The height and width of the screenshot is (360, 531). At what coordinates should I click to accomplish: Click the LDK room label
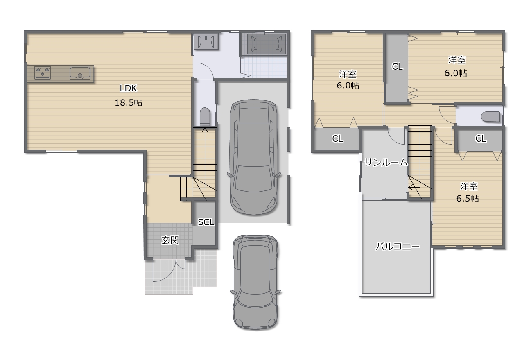pyautogui.click(x=128, y=88)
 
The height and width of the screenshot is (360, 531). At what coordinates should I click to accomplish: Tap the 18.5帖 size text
pyautogui.click(x=129, y=103)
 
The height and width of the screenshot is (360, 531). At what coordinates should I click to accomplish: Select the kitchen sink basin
pyautogui.click(x=80, y=73)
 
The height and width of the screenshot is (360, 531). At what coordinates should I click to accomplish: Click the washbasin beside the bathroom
pyautogui.click(x=206, y=42)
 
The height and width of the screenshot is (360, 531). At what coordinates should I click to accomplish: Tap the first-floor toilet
pyautogui.click(x=205, y=116)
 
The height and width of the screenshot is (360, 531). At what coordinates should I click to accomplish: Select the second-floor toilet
pyautogui.click(x=491, y=116)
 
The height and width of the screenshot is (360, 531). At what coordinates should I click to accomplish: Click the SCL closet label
pyautogui.click(x=206, y=222)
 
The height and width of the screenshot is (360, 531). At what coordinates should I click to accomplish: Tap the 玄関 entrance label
pyautogui.click(x=170, y=240)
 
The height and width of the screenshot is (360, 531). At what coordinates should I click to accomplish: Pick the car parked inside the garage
pyautogui.click(x=254, y=157)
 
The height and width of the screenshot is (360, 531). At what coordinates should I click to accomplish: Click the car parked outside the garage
pyautogui.click(x=255, y=282)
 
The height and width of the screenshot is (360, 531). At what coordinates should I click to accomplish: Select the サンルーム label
pyautogui.click(x=386, y=163)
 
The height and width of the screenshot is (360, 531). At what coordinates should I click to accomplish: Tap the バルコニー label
pyautogui.click(x=398, y=247)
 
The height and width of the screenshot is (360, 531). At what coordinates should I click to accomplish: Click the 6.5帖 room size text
pyautogui.click(x=468, y=199)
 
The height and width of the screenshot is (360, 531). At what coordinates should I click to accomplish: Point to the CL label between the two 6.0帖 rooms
pyautogui.click(x=397, y=67)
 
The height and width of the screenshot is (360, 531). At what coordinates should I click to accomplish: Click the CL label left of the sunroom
pyautogui.click(x=338, y=138)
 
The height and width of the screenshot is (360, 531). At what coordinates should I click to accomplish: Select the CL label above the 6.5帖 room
pyautogui.click(x=481, y=138)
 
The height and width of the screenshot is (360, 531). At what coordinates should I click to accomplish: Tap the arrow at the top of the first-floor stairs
pyautogui.click(x=205, y=130)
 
